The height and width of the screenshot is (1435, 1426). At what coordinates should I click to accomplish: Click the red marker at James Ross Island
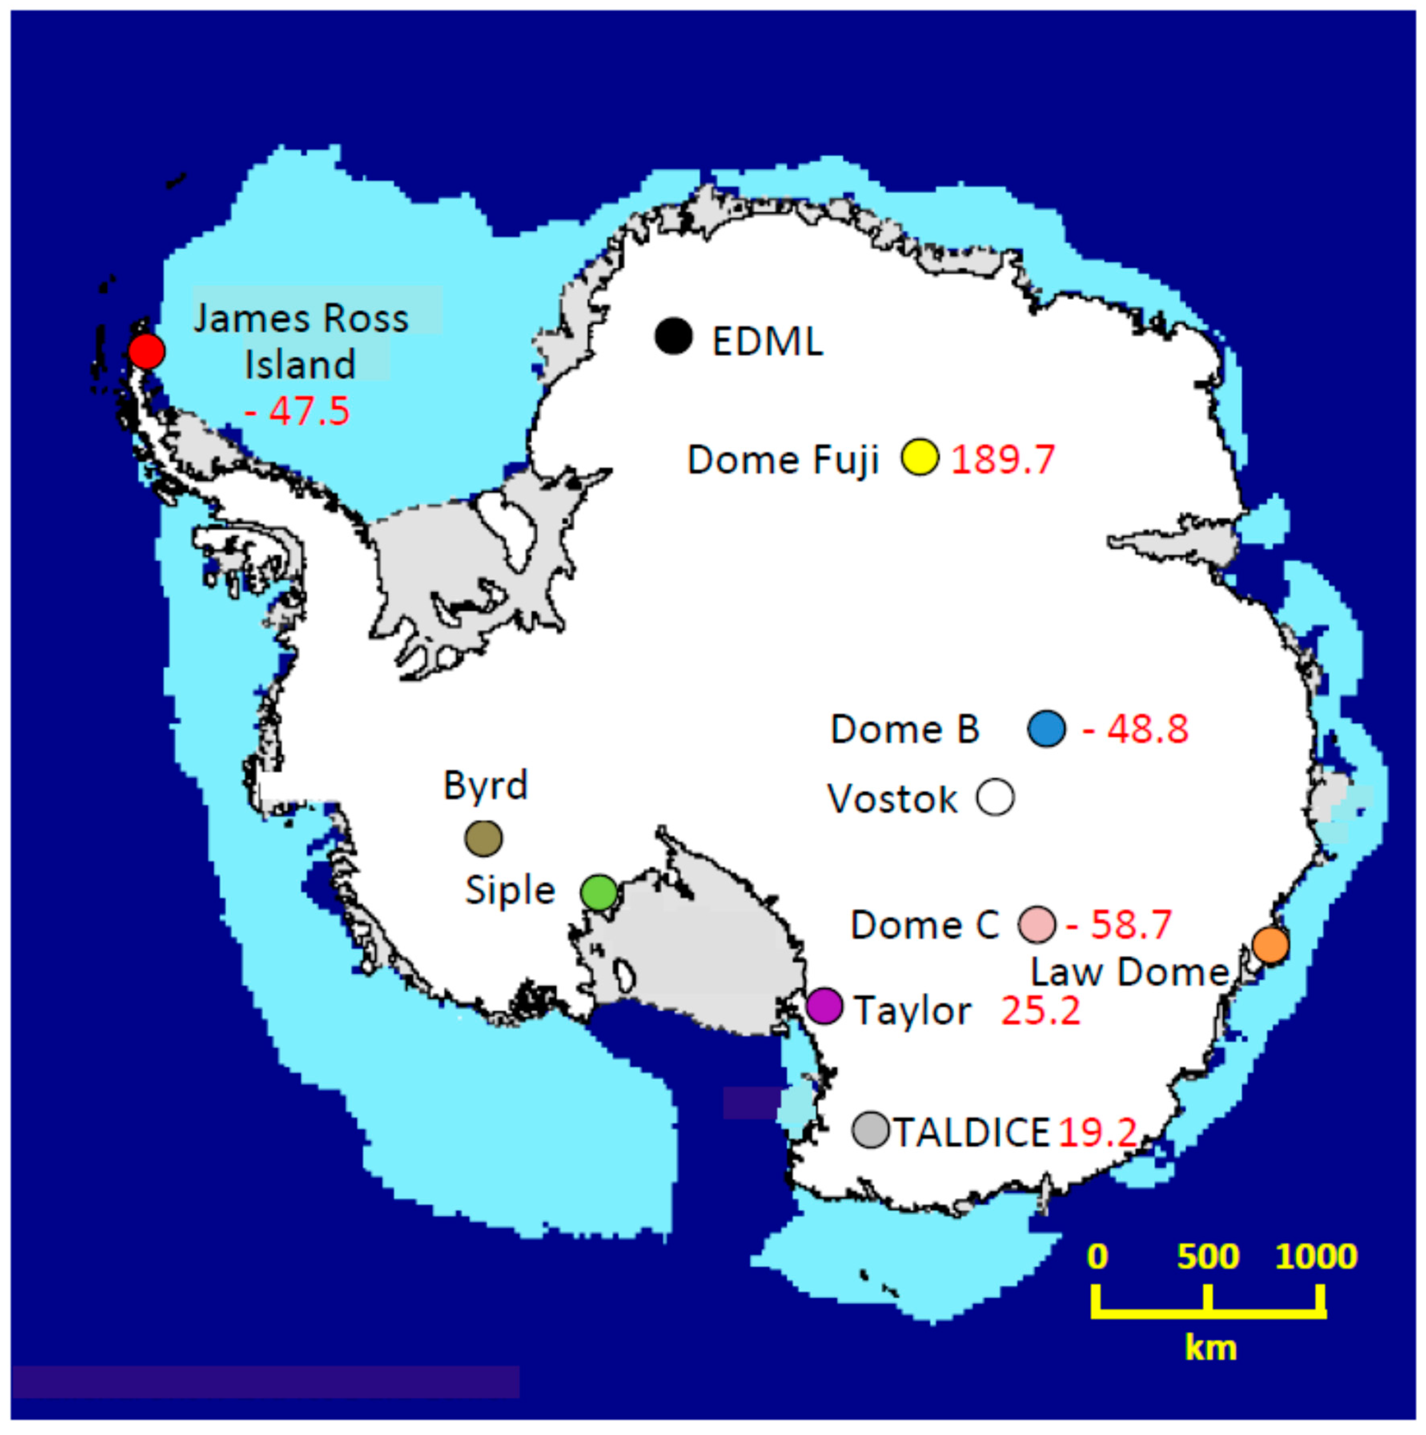tap(146, 351)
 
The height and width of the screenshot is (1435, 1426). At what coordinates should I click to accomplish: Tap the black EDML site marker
tap(674, 337)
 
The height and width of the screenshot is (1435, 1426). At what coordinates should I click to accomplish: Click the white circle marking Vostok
tap(995, 797)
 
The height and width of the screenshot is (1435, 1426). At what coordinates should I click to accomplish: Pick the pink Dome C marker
tap(1037, 925)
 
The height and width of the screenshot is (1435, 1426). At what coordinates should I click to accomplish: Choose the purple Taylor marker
tap(824, 1006)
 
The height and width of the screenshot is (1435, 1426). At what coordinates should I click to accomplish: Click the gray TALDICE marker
tap(870, 1130)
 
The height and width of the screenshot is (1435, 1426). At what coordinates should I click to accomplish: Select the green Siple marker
tap(599, 892)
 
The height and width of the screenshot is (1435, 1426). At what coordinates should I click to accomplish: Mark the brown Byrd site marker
tap(483, 839)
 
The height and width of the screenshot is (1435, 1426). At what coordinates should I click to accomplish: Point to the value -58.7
tap(1119, 925)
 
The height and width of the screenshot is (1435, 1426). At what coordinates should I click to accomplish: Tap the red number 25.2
tap(1041, 1010)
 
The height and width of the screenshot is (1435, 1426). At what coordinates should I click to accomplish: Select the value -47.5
tap(297, 411)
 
